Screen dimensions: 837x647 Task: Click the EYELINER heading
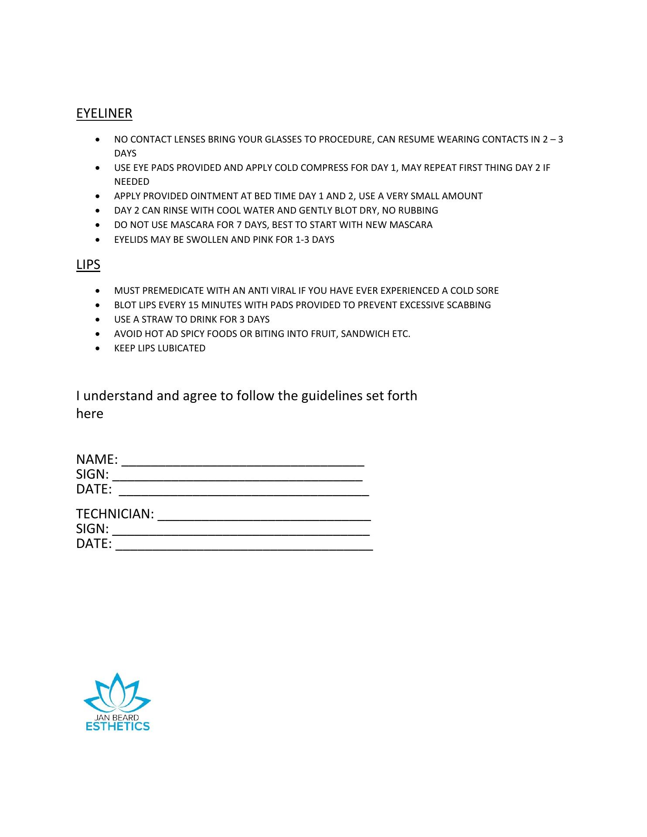104,113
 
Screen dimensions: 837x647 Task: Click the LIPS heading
88,265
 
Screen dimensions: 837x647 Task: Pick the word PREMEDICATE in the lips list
169,291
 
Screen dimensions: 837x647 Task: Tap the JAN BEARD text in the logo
117,718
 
